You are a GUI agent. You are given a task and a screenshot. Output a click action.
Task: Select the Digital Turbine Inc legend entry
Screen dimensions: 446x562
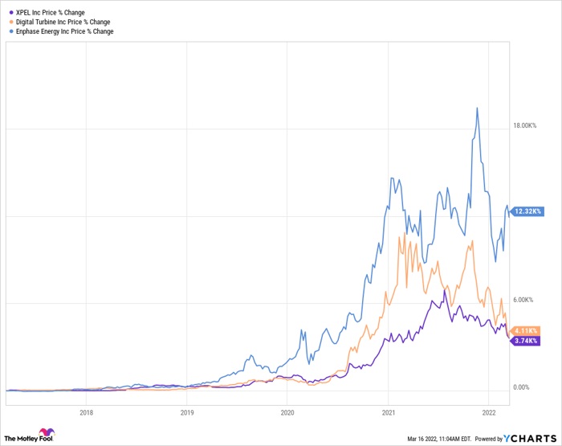point(65,22)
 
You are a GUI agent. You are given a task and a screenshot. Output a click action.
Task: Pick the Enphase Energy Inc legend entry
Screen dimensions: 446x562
point(67,31)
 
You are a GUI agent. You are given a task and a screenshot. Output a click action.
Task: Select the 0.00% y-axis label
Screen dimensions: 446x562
point(521,387)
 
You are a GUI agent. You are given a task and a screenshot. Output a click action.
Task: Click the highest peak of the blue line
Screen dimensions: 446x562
point(478,108)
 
